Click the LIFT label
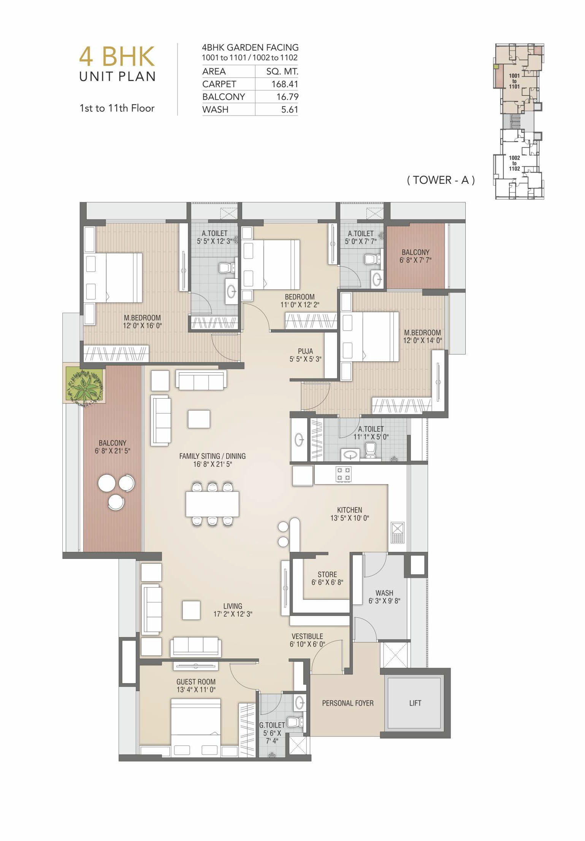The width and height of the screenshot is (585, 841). pos(415,703)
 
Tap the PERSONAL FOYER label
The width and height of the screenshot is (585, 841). pos(348,703)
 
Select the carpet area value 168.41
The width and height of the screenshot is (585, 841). pos(285,84)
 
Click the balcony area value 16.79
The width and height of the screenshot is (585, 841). pos(287,97)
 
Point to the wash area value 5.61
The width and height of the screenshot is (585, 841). pos(290,110)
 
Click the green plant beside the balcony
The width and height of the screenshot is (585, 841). pos(84,385)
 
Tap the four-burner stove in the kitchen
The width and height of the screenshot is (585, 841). pos(343,474)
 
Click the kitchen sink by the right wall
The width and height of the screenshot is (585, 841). pos(398,533)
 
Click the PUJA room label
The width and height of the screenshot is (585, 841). pos(306,351)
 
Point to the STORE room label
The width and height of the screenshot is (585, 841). pos(327,574)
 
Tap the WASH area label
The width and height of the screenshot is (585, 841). pos(384,593)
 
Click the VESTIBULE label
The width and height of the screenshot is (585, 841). pos(307,636)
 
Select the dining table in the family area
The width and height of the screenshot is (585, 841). pos(212,504)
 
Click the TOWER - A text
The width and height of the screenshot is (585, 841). pos(441,180)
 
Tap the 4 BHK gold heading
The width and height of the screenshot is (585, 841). pos(117,56)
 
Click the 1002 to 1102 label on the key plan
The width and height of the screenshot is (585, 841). pos(514,163)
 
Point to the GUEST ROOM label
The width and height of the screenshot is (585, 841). pos(196,682)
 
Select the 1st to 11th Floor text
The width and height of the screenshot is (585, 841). pos(117,108)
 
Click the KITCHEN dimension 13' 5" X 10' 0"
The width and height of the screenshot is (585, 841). pos(350,518)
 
